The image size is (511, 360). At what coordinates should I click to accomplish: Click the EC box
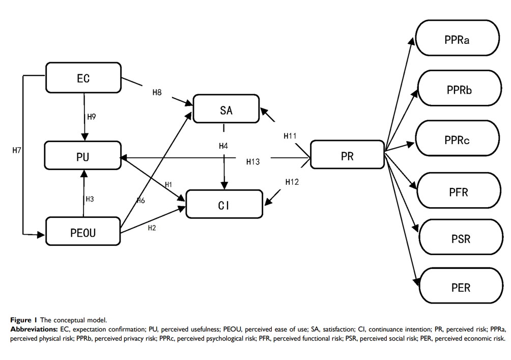coord(83,78)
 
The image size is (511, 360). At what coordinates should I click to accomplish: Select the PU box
coord(82,157)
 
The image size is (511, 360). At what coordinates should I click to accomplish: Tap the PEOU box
coord(83,233)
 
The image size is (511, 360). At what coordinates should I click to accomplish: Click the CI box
coord(224,206)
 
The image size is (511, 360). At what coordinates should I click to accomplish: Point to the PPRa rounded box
coord(456,39)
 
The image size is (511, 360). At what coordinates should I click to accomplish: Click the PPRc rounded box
coord(456,140)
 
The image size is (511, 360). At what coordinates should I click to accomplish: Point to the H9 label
coord(92,117)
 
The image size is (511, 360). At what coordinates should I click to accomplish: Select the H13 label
coord(253,162)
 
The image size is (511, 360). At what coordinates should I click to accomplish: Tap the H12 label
coord(292,182)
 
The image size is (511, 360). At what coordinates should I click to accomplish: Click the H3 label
coord(90,199)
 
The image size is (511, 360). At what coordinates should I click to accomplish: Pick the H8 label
coord(157,93)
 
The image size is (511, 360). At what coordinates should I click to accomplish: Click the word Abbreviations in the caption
coord(34,329)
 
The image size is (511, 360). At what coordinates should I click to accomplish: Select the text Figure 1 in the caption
coord(23,320)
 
